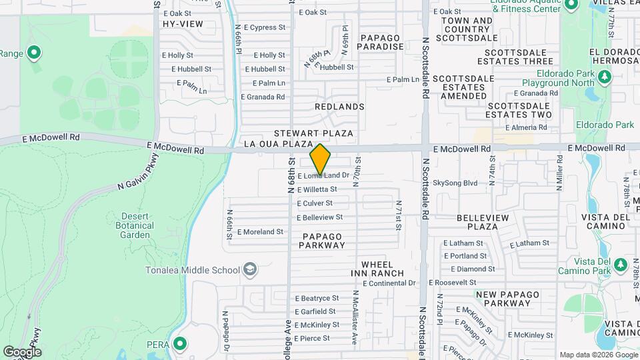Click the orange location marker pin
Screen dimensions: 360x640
321,159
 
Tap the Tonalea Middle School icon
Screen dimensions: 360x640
250,270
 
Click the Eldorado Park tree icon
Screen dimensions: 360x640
605,77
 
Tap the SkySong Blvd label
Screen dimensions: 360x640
455,183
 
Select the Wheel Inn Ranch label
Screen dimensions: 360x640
382,269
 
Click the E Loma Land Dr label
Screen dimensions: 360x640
323,175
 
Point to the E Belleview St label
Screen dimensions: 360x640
319,217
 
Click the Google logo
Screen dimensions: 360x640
22,352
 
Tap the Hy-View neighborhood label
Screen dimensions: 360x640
183,24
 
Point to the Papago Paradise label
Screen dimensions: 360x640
381,42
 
